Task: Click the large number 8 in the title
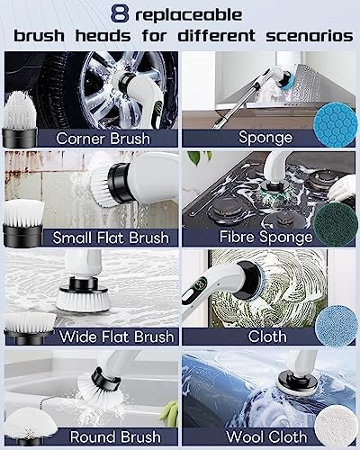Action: coord(120,14)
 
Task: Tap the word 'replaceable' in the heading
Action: coord(189,14)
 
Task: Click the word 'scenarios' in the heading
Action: coord(310,36)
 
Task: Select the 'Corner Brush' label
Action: coord(103,139)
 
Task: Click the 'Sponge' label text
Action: coord(265,138)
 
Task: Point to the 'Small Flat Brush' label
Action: coord(111,238)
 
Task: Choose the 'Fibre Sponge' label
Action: coord(265,237)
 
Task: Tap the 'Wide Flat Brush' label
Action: coord(116,337)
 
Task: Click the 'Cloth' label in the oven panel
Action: coord(267,337)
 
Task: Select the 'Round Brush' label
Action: coord(115,436)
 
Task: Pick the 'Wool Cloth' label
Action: coord(266,436)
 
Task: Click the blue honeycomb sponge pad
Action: coord(334,124)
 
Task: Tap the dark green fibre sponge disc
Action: coord(334,224)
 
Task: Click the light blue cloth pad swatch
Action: coord(336,325)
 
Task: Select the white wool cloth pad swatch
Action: coord(336,425)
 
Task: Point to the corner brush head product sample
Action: coord(20,120)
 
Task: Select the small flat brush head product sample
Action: coord(23,223)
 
